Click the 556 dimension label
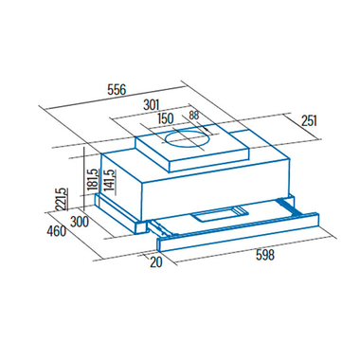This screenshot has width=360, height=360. click(117, 89)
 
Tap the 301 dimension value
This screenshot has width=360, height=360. click(152, 105)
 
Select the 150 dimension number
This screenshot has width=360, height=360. click(166, 118)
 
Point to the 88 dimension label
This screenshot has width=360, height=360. click(194, 116)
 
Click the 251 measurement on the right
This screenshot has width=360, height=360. click(309, 121)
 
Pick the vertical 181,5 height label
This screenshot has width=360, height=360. click(94, 179)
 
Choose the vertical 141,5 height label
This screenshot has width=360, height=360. click(109, 179)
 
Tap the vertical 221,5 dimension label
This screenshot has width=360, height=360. click(62, 199)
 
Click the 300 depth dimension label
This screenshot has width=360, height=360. click(80, 222)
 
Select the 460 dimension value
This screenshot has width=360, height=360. click(57, 231)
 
